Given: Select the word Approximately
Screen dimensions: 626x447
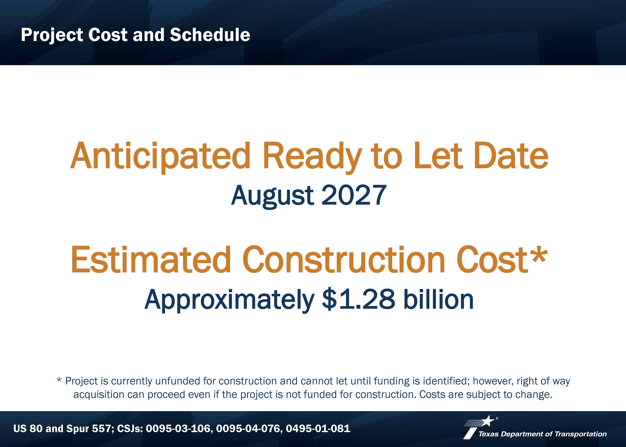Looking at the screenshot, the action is click(x=229, y=300).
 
